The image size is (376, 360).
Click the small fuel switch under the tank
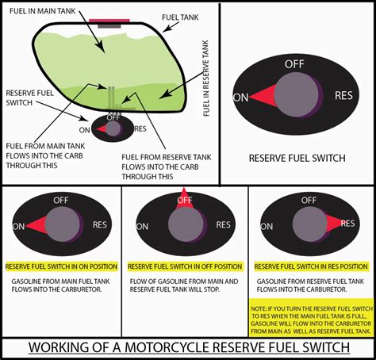(113, 128)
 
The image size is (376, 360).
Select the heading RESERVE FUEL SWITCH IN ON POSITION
(61, 266)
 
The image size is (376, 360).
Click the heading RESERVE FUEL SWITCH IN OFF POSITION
(184, 266)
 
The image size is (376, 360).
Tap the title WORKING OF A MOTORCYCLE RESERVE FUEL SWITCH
(188, 347)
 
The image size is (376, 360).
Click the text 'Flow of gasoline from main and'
(182, 281)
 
